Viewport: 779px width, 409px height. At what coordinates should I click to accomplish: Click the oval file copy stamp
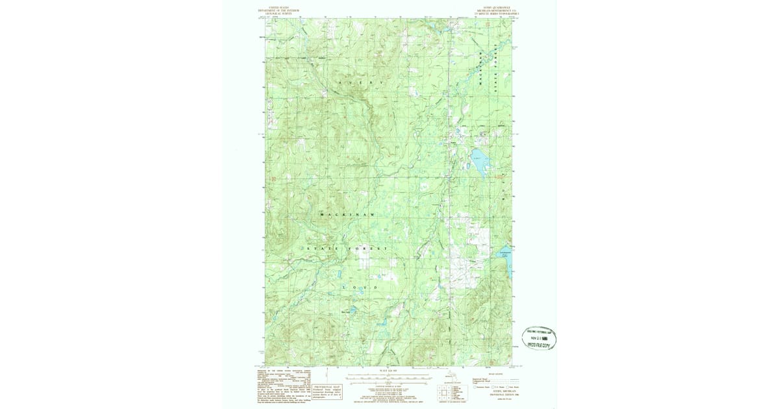click(539, 338)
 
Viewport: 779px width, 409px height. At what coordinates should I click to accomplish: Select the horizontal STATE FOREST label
click(347, 249)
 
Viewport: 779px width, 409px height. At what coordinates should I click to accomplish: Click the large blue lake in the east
click(480, 165)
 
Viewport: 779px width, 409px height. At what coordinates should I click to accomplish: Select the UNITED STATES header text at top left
click(275, 8)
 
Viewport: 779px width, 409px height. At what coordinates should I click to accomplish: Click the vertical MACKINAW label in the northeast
click(482, 69)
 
